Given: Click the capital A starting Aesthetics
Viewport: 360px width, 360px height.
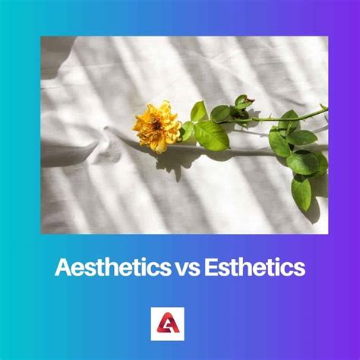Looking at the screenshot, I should [x=60, y=268].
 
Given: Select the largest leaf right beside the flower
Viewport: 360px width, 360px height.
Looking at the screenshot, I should [x=211, y=135].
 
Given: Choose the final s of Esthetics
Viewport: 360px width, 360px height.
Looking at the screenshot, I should [x=302, y=269].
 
